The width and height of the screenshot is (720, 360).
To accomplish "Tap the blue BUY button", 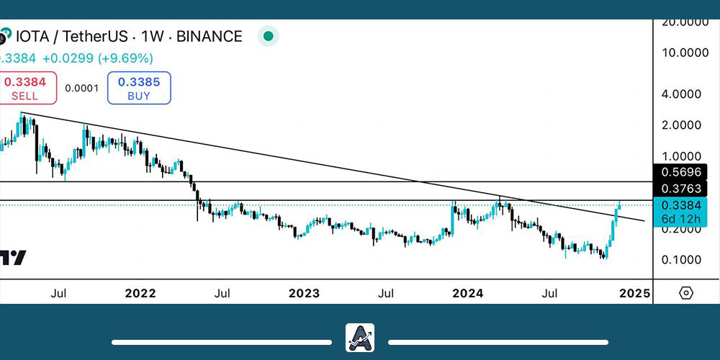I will (139, 88).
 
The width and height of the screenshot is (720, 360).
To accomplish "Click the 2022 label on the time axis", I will (140, 294).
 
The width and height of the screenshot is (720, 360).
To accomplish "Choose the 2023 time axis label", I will (305, 294).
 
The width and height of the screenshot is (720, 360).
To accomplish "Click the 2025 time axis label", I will (634, 294).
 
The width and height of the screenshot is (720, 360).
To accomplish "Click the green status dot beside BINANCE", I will (268, 36).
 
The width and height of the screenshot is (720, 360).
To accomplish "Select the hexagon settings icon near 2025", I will (685, 293).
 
